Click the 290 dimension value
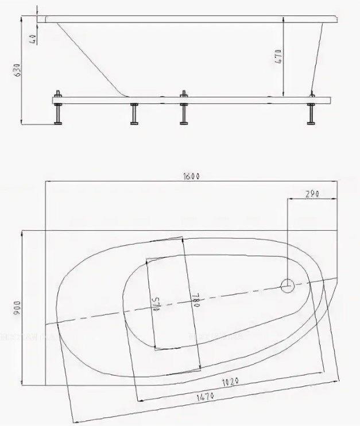coord(312,193)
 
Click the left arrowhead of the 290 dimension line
coord(289,199)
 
